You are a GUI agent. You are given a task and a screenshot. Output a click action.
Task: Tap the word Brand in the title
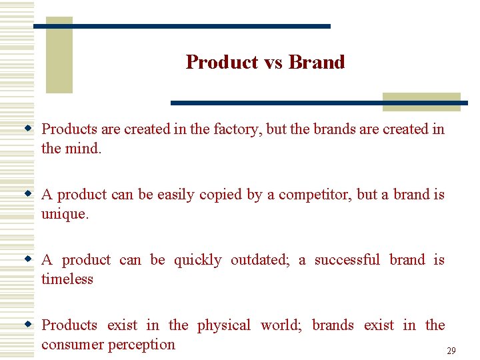(317, 62)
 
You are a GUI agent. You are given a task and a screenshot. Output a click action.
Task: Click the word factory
(237, 129)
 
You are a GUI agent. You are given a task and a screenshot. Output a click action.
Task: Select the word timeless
(67, 279)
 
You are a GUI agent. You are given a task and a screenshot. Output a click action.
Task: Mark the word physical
(224, 325)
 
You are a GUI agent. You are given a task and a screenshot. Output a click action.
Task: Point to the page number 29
(451, 351)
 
